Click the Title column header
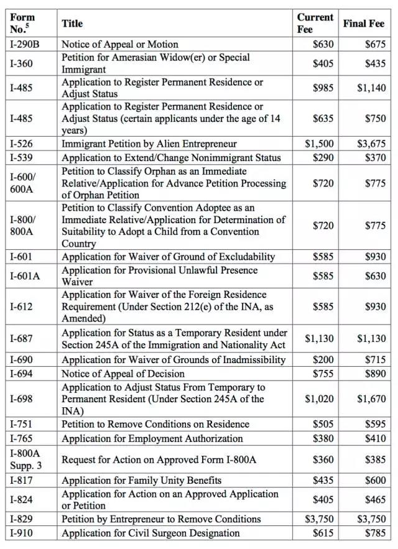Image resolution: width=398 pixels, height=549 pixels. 72,24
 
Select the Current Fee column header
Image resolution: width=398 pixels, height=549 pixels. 315,23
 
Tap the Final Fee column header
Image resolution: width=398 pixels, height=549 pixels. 364,24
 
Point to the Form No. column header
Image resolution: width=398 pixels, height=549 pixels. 22,23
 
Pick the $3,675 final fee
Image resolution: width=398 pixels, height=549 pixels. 371,144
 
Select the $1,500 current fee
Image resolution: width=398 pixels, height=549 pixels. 319,144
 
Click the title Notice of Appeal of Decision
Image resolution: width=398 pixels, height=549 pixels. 123,374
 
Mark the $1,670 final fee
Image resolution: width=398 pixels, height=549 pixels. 371,399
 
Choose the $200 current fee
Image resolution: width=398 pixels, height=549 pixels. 323,359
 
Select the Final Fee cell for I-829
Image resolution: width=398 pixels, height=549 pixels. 371,519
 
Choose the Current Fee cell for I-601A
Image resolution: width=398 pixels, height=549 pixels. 323,275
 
